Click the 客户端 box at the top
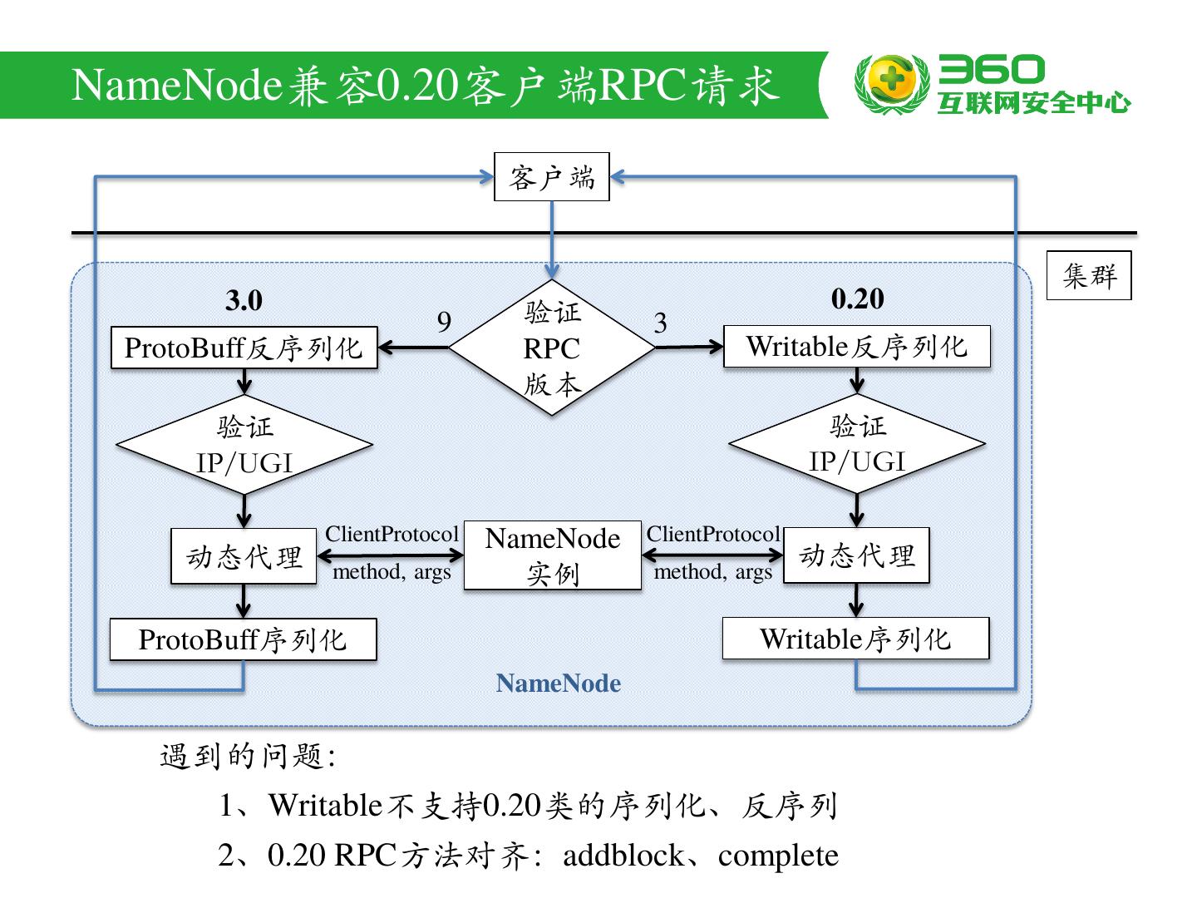tap(552, 177)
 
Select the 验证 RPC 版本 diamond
tap(552, 348)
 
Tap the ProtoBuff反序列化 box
tap(244, 348)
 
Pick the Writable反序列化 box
tap(857, 346)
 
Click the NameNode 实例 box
tap(553, 555)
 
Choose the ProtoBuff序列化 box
tap(243, 639)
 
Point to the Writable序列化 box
tap(855, 639)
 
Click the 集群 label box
tap(1089, 275)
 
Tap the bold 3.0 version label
tap(244, 300)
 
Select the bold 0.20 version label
tap(857, 299)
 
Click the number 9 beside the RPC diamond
tap(444, 322)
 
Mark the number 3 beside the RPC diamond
tap(660, 323)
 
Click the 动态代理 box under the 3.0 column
tap(244, 556)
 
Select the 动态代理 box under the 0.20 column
tap(856, 555)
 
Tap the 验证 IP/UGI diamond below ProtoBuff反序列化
tap(244, 445)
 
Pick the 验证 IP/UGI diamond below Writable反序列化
tap(857, 443)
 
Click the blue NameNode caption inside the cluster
tap(558, 683)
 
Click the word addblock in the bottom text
tap(623, 856)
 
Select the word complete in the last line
tap(778, 856)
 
